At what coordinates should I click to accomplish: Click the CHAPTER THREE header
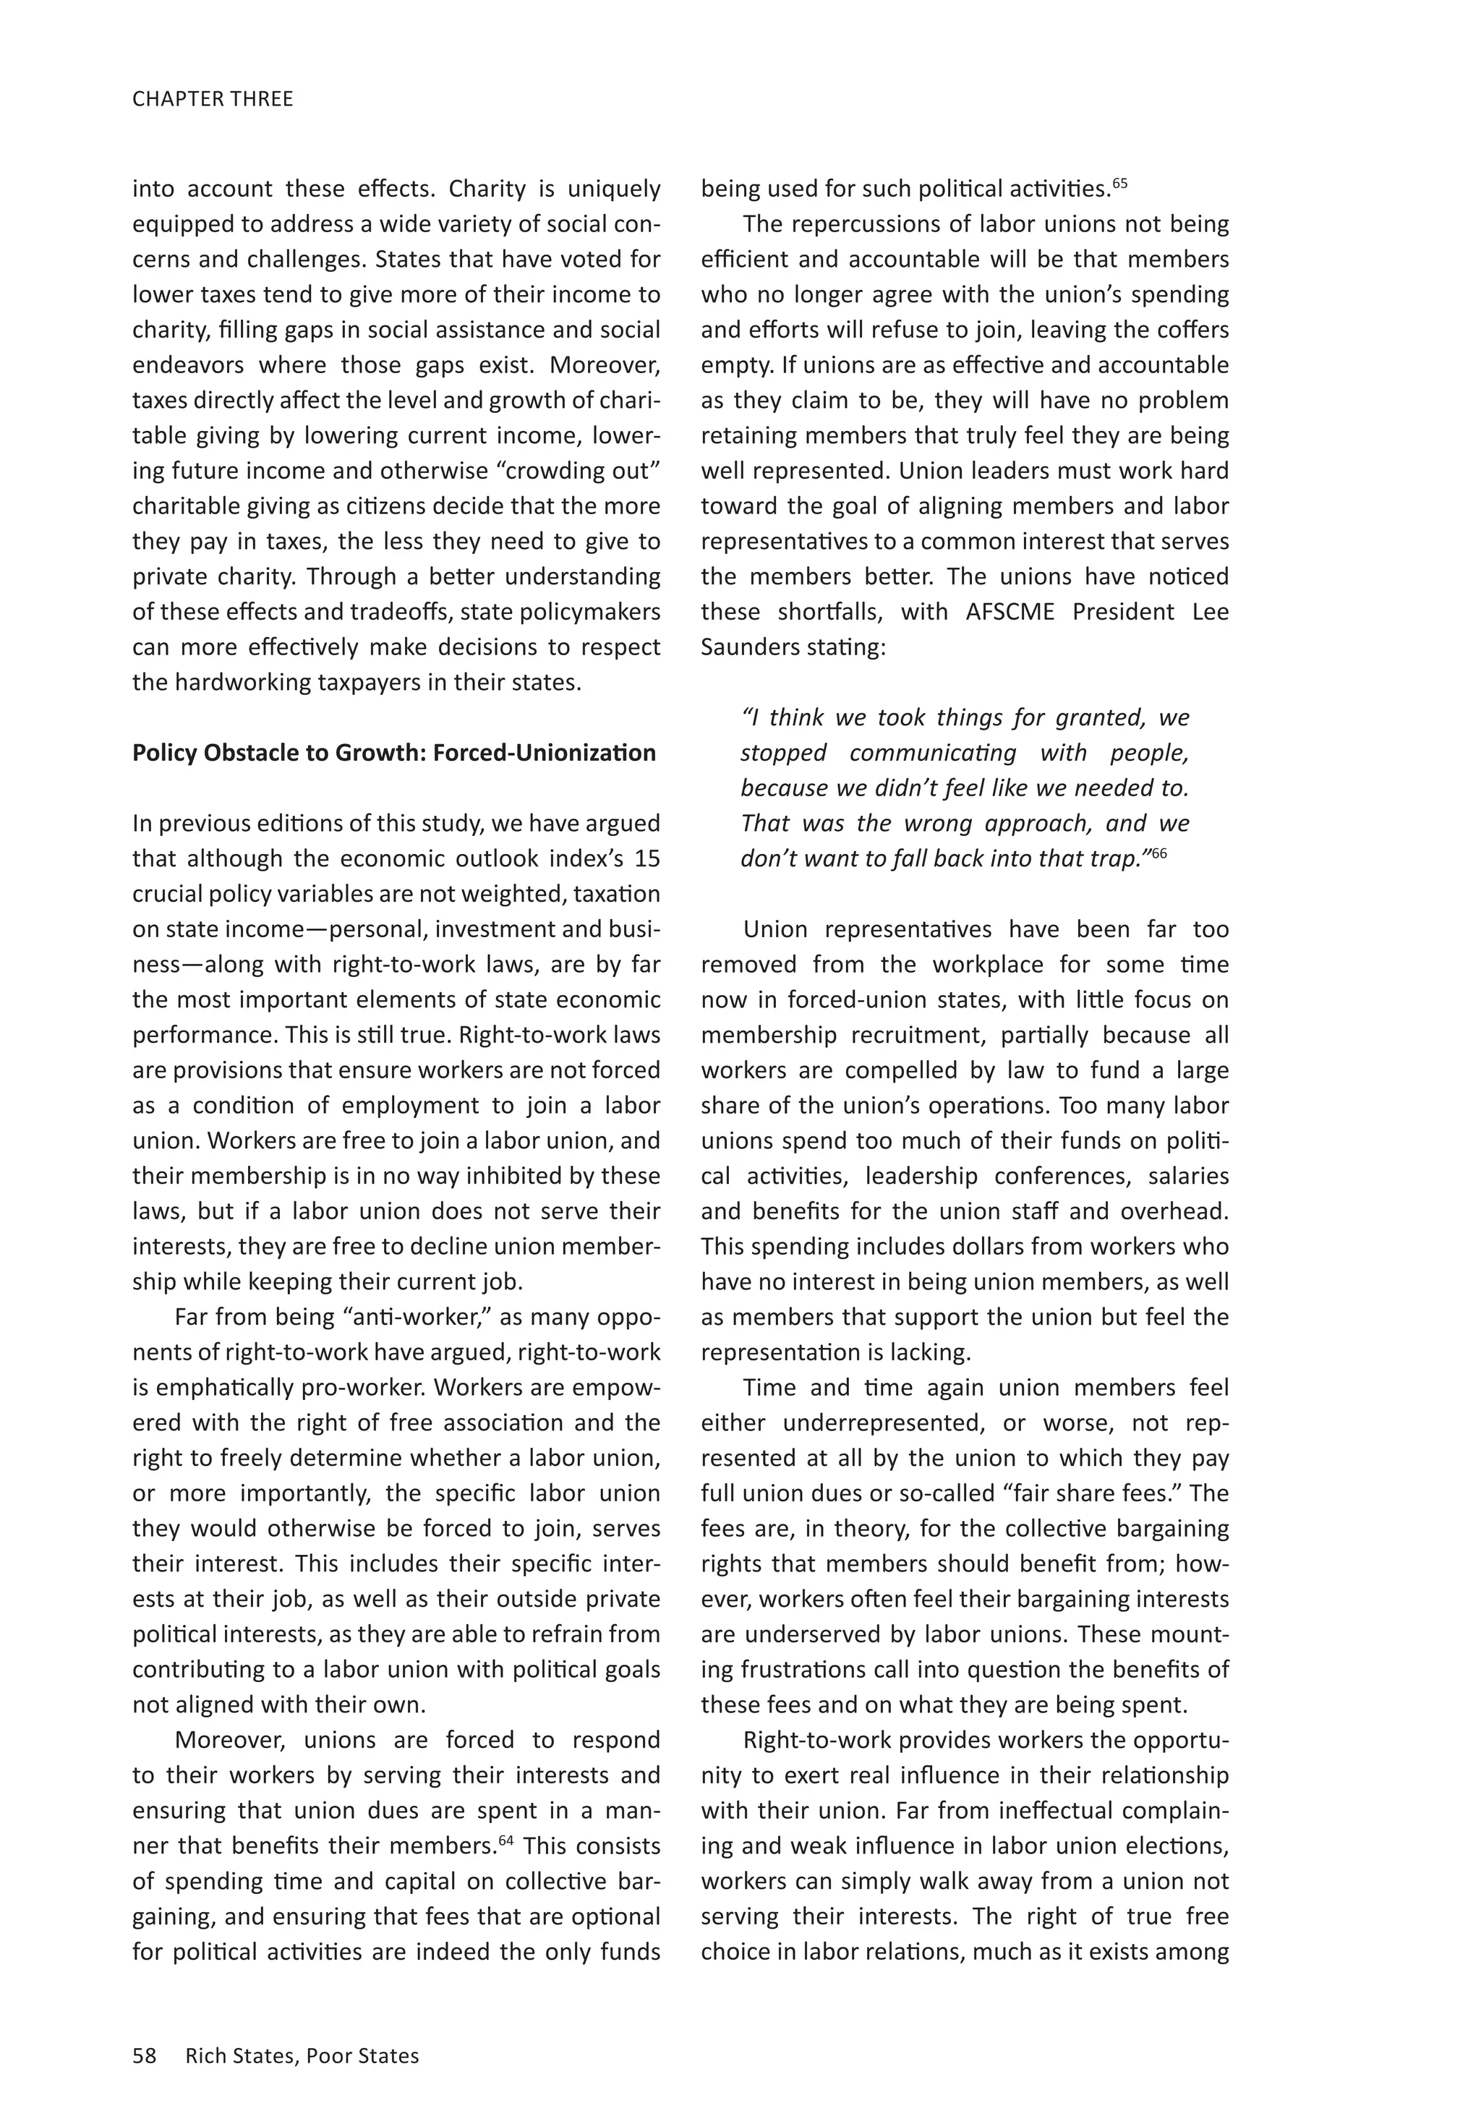click(x=213, y=98)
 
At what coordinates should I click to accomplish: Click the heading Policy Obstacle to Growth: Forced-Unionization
click(x=394, y=753)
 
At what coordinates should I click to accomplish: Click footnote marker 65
click(x=1119, y=182)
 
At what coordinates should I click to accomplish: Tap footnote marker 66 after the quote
click(x=1158, y=853)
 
